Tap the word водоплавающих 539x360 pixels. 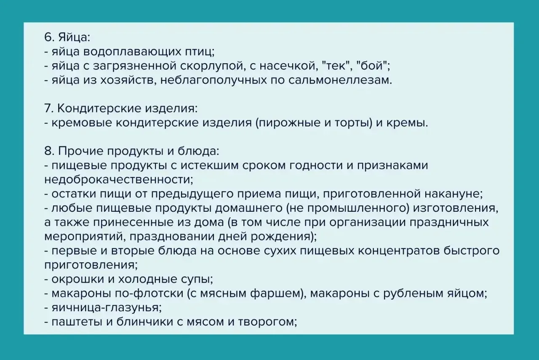[132, 52]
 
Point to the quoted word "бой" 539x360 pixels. [372, 66]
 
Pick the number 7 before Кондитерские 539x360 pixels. [49, 109]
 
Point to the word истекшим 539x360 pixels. [209, 165]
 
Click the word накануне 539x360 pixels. [452, 194]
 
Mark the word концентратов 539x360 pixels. [398, 251]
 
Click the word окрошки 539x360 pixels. [77, 280]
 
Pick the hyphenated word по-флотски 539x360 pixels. [149, 293]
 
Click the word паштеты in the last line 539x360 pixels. [77, 322]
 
